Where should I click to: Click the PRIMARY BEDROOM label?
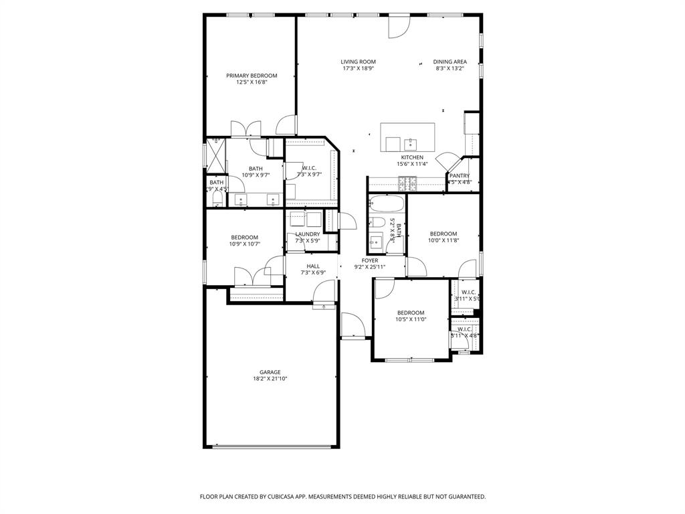coord(251,76)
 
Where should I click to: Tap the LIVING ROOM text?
coord(358,62)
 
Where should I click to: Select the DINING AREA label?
coord(450,62)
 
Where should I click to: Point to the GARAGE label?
coord(270,372)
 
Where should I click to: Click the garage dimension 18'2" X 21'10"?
coord(270,379)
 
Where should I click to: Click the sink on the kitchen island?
coord(410,143)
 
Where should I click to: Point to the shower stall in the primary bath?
coord(215,155)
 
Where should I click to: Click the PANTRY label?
coord(460,176)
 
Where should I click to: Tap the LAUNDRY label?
coord(308,234)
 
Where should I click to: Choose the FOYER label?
coord(370,260)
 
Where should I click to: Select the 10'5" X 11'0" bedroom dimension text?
coord(410,319)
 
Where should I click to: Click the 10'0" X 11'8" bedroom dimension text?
coord(443,240)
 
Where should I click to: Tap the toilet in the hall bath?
coord(378,223)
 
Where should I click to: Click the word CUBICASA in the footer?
coord(278,497)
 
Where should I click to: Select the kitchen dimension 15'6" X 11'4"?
coord(411,164)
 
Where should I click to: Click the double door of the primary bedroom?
coord(244,129)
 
